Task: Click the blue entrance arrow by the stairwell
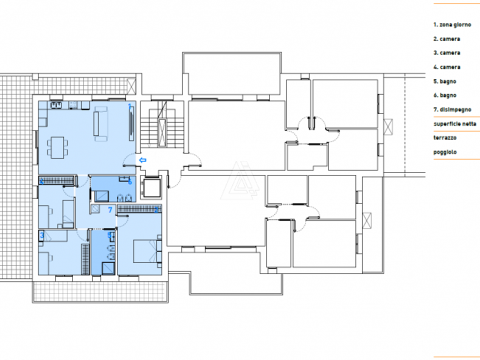[142, 160]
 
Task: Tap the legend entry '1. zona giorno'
[452, 25]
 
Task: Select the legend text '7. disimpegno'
[452, 109]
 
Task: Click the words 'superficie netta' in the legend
[454, 124]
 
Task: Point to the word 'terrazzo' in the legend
[445, 138]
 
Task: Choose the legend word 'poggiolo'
[445, 152]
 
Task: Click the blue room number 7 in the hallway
[110, 209]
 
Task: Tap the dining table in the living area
[57, 147]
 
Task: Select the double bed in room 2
[147, 251]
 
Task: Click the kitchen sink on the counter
[56, 105]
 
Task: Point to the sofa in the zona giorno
[100, 123]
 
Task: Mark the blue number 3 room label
[42, 235]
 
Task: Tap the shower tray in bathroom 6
[101, 196]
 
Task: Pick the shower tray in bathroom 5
[108, 268]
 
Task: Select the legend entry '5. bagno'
[445, 81]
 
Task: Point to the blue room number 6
[130, 181]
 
